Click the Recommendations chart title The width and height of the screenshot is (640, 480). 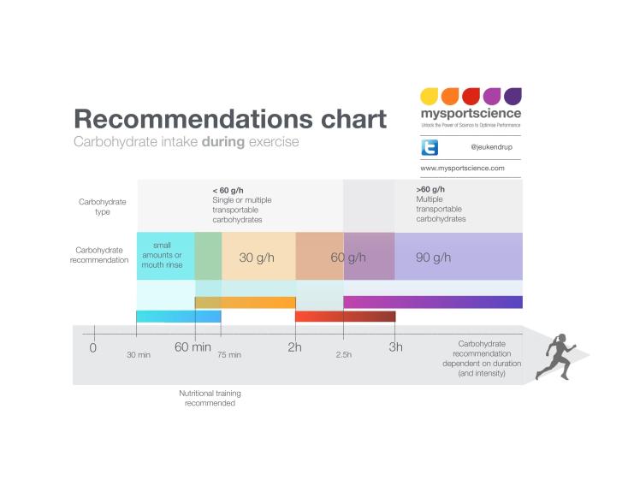(x=229, y=118)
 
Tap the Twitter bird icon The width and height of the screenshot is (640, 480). (x=430, y=146)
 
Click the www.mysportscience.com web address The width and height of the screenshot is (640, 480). (x=462, y=169)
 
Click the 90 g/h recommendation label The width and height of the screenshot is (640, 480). (x=433, y=257)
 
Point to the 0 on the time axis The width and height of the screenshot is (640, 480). (x=93, y=347)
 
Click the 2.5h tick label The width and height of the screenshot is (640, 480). (x=343, y=354)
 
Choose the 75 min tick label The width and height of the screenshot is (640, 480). (x=229, y=354)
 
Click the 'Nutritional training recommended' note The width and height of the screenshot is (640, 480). (x=210, y=398)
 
